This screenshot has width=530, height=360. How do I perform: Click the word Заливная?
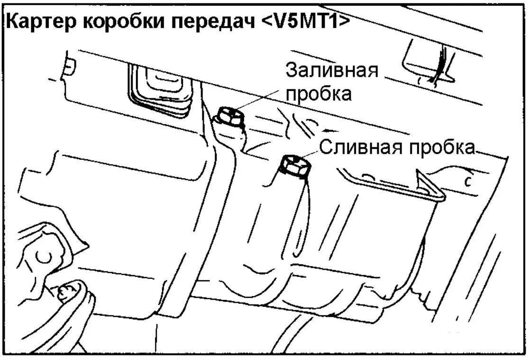point(332,72)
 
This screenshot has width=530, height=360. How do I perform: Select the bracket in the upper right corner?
point(427,62)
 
